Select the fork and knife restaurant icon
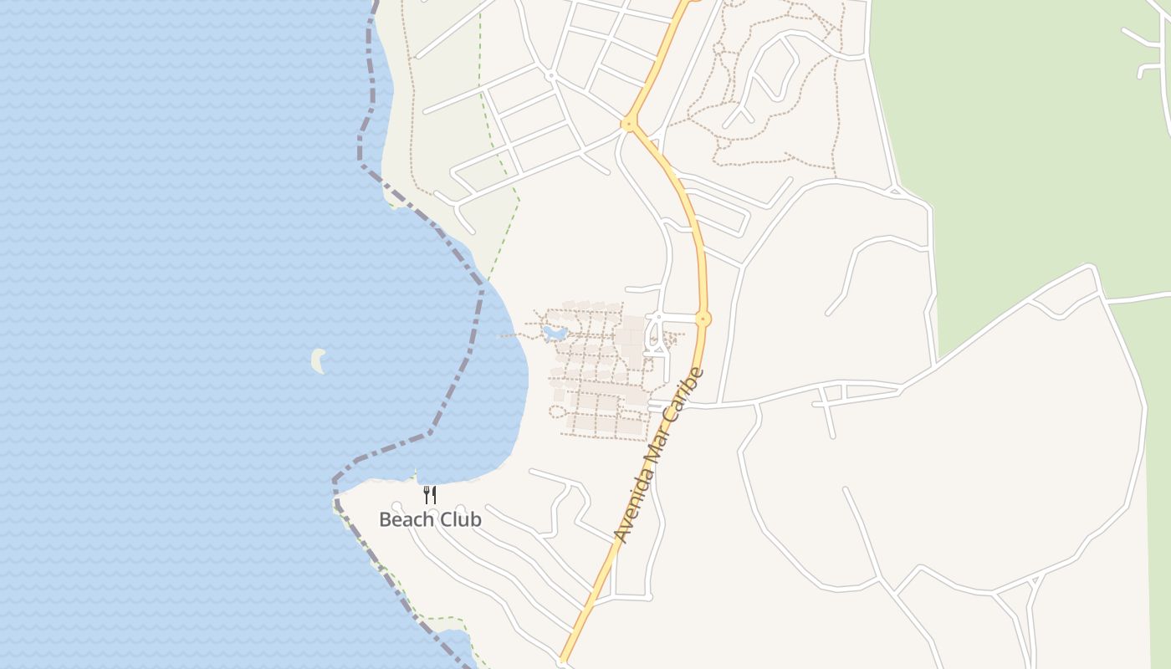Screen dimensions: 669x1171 [429, 494]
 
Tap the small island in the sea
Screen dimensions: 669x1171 [318, 360]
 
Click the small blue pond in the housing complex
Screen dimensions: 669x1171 [554, 334]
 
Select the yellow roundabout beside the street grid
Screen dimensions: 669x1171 [628, 124]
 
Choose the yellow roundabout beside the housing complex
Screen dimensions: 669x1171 [703, 319]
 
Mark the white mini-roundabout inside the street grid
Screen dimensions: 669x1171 [550, 75]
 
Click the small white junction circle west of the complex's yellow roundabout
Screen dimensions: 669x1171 [658, 318]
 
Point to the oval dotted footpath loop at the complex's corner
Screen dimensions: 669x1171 [557, 411]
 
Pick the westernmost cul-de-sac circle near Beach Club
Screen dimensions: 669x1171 [396, 505]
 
